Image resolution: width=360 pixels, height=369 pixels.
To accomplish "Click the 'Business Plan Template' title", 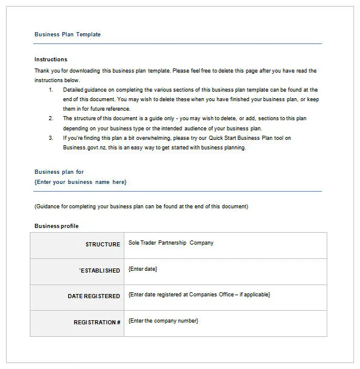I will click(x=67, y=35).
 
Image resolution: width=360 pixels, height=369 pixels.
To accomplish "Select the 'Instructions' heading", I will click(x=51, y=60).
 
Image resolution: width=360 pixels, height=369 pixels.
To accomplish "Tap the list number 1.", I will click(x=51, y=90).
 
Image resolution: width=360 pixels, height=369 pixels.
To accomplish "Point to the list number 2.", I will click(x=51, y=118).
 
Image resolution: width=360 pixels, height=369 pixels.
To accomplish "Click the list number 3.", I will click(x=51, y=138).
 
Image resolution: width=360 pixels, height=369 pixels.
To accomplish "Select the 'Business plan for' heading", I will click(x=59, y=172).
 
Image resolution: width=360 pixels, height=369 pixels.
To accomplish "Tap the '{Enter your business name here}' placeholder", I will click(x=80, y=182).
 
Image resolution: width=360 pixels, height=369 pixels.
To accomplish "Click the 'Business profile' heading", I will click(x=57, y=226).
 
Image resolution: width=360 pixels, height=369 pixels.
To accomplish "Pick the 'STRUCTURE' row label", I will click(x=102, y=245).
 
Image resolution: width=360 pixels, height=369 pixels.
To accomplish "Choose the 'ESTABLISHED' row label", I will click(x=100, y=271).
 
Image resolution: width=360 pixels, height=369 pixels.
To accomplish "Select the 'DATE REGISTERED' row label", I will click(x=94, y=296).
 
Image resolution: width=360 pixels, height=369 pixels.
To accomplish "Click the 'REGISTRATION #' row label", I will click(x=97, y=322).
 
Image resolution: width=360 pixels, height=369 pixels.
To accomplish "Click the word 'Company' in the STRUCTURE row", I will click(x=202, y=243).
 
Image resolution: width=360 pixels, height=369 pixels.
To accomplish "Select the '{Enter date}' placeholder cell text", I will click(x=143, y=269).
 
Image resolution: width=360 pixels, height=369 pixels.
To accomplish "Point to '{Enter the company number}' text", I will click(x=164, y=321).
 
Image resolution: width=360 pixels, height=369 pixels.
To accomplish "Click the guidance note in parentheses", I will click(x=141, y=207).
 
